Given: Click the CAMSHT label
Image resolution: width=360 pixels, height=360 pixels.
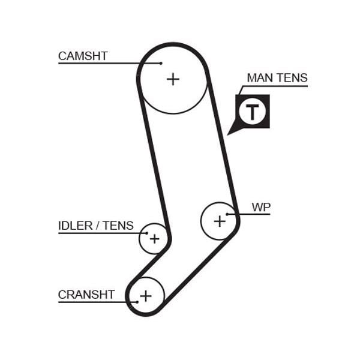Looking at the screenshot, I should tap(83, 56).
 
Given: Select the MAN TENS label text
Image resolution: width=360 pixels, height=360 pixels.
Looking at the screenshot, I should tap(277, 78).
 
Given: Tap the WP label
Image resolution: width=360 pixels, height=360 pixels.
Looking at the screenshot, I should tap(261, 208).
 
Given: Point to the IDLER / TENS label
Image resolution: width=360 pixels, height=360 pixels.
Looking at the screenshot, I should tap(96, 226).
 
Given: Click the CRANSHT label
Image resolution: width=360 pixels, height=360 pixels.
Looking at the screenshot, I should tap(86, 295).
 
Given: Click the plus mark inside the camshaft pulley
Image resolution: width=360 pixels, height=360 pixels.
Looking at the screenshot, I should tap(173, 79).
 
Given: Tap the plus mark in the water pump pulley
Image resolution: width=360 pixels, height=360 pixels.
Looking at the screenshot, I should tap(220, 221).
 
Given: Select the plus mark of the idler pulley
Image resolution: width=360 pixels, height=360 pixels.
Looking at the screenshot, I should tap(155, 239).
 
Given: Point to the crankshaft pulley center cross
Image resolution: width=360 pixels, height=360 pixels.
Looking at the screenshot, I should tap(146, 296).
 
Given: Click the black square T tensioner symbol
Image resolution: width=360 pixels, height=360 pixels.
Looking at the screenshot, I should tap(253, 112).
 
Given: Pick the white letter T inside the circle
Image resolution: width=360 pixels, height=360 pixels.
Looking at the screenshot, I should tap(253, 112).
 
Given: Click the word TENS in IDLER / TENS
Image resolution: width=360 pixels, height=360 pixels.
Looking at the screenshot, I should tap(118, 226).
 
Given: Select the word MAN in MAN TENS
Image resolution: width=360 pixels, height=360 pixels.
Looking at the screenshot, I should tap(259, 78).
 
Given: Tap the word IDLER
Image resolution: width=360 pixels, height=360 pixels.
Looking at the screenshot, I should tap(75, 226).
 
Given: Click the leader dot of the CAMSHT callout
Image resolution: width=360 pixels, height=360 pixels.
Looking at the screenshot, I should tap(161, 62).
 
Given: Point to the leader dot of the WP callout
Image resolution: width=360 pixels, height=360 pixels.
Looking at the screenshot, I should tap(227, 214).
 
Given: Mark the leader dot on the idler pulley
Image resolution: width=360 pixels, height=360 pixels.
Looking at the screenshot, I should tap(146, 232).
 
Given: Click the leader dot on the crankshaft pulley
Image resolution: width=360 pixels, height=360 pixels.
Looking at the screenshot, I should tap(137, 301).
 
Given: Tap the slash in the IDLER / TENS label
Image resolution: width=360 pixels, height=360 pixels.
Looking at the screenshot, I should tap(98, 226).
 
